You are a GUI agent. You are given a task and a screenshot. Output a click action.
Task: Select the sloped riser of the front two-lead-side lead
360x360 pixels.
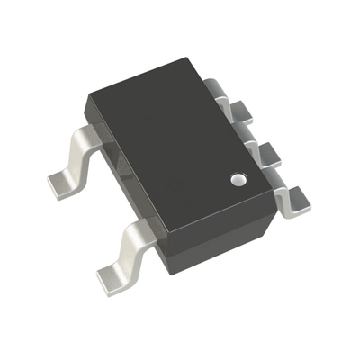[126, 247]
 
